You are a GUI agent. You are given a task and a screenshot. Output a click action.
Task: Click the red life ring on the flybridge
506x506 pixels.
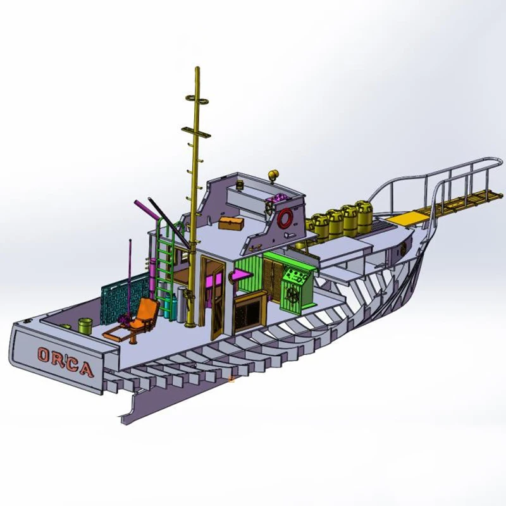coord(285,218)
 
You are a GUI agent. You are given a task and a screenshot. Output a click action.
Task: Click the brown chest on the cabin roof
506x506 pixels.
coord(230,223)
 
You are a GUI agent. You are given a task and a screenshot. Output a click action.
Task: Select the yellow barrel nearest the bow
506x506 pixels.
coord(364,216)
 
